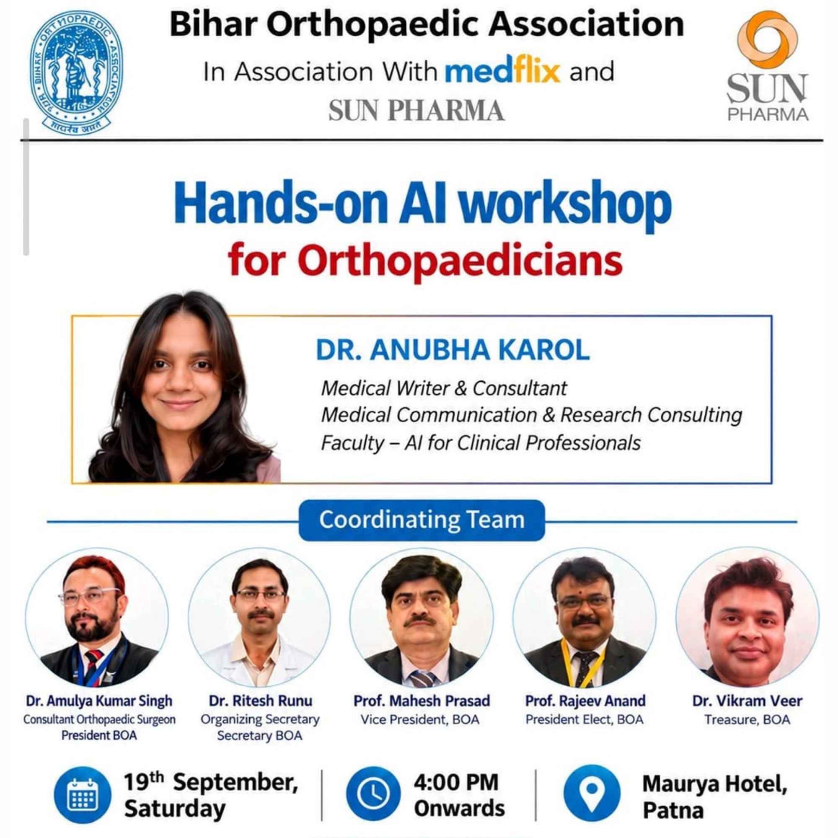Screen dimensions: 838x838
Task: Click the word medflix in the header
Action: click(503, 72)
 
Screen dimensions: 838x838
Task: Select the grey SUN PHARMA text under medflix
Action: click(416, 111)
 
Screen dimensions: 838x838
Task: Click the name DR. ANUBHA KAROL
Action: click(453, 350)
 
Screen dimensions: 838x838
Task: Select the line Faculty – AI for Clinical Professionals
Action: click(481, 443)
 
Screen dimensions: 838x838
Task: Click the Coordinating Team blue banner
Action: click(422, 520)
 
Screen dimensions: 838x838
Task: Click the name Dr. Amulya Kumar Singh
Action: click(99, 701)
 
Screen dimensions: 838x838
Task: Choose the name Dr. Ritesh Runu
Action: click(260, 701)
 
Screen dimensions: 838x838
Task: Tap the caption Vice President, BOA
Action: click(420, 719)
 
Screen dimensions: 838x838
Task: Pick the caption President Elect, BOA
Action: click(584, 719)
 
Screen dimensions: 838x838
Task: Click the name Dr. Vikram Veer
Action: click(747, 701)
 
